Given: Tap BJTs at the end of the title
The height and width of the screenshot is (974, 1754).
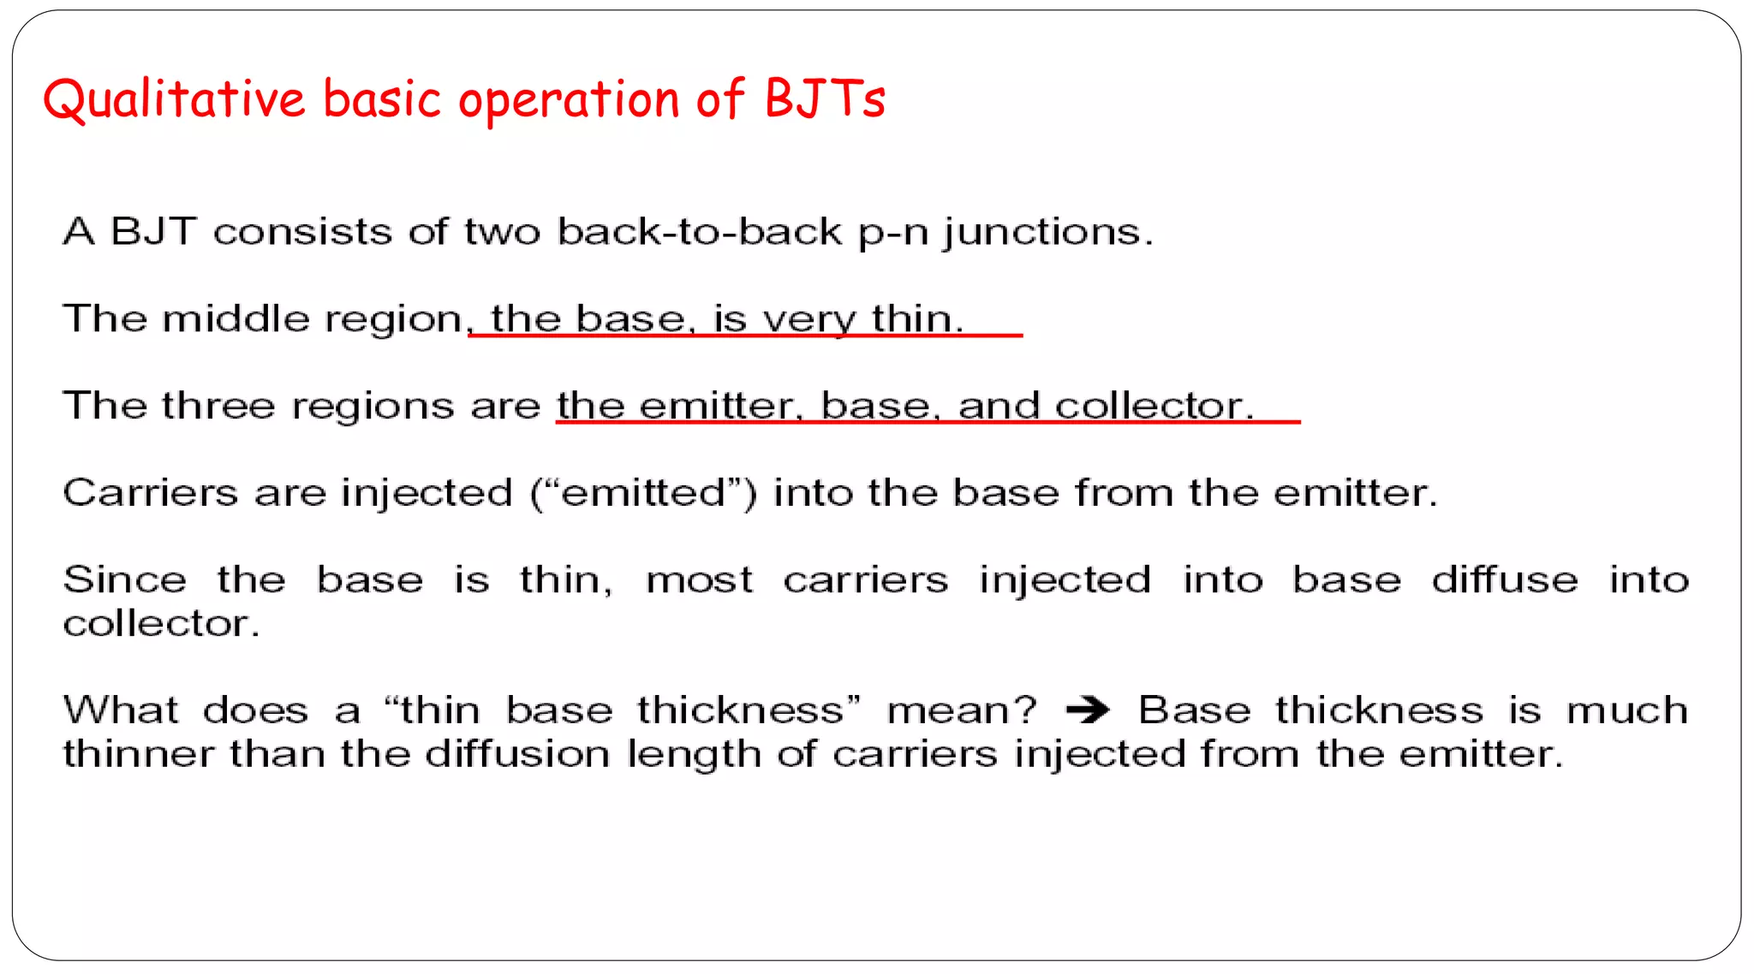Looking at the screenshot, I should tap(824, 98).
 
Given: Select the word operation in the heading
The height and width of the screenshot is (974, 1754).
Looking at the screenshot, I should tap(569, 101).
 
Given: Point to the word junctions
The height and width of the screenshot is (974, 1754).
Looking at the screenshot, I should tap(1048, 233).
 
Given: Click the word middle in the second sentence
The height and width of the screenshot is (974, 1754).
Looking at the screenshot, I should tap(236, 318).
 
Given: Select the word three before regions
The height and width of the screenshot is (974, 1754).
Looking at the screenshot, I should tap(218, 405).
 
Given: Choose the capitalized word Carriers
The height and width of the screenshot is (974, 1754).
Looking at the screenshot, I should tap(151, 493).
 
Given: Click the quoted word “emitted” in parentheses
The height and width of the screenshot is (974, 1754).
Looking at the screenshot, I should tap(643, 493).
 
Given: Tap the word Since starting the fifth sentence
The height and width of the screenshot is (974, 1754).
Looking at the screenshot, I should tap(125, 579).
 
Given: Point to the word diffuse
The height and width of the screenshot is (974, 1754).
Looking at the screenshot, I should tap(1505, 579).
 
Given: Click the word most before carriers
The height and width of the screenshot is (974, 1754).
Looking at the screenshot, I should tap(699, 581).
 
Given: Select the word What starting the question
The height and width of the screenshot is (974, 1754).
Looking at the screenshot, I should tap(121, 710).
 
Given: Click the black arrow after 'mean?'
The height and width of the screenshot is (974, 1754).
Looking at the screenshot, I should tap(1088, 710).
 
